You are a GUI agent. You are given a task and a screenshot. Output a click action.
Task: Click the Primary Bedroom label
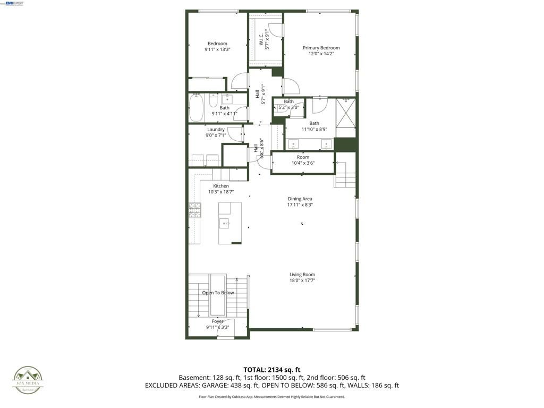321,48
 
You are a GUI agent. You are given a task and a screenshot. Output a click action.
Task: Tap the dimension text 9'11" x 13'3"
217,49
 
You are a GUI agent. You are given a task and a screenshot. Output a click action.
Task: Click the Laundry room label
216,129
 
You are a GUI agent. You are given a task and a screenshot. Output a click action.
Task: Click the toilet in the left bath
212,101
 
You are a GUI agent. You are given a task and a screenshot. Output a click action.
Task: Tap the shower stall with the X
346,113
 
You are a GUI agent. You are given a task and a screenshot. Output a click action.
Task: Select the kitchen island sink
225,223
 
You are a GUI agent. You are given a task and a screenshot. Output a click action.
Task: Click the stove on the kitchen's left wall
194,210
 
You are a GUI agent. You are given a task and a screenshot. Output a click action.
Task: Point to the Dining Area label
300,199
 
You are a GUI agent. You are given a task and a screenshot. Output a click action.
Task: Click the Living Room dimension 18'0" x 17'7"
302,280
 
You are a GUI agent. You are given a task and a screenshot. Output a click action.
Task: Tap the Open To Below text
218,293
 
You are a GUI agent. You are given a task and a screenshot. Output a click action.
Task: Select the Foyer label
217,321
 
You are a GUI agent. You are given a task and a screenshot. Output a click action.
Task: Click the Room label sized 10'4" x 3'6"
303,157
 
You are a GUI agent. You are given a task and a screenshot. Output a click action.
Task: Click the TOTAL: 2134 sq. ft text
272,370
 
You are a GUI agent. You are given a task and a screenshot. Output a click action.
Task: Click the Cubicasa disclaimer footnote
272,397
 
